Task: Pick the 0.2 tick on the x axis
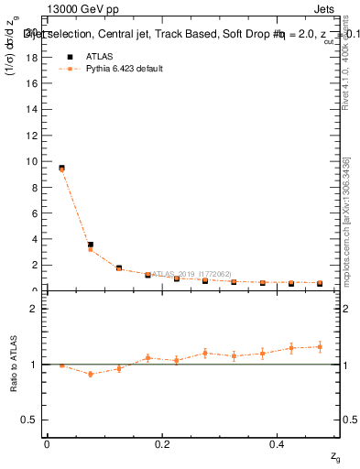coord(162,444)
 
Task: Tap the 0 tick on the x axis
coord(47,444)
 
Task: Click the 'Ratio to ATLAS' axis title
coord(14,364)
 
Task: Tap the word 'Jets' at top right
coord(323,10)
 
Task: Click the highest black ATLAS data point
coord(61,168)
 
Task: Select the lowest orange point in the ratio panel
coord(90,374)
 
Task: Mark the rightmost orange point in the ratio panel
coord(320,346)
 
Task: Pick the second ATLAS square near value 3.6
coord(90,245)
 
